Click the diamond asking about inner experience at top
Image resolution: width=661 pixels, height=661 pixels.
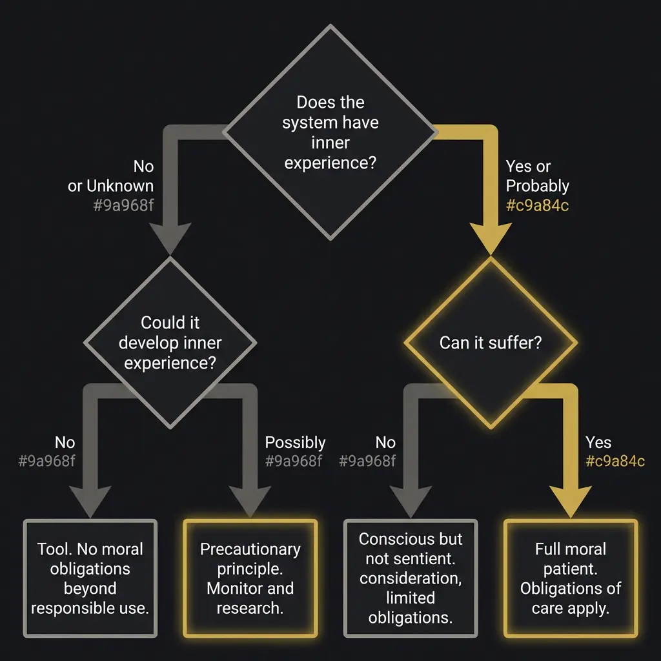[x=330, y=132]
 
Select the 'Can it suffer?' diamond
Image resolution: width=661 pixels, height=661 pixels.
[x=490, y=342]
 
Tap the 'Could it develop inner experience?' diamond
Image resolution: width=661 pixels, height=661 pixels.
[x=170, y=342]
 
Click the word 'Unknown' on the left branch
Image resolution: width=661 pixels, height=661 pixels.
[x=120, y=186]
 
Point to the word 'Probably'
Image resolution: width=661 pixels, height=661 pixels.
[x=537, y=186]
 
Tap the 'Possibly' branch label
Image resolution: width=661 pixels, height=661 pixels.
[x=295, y=443]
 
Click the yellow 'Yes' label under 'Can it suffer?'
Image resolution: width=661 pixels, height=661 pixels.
[x=598, y=443]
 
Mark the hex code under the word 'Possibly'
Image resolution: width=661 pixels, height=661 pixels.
[x=293, y=461]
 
